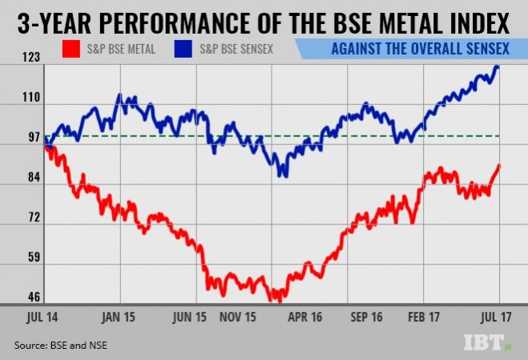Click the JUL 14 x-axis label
point(31,317)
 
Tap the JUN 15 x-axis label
point(193,317)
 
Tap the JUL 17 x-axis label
point(495,317)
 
